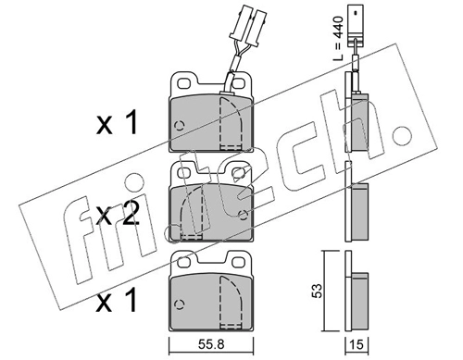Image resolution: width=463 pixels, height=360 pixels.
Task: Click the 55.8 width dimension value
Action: click(x=211, y=344)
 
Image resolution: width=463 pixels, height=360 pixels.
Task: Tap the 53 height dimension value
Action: click(x=317, y=291)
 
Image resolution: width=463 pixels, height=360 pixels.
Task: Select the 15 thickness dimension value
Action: click(x=357, y=344)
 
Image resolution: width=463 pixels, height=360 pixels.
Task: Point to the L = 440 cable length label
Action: click(x=338, y=38)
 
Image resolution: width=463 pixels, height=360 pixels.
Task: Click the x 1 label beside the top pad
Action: click(x=117, y=123)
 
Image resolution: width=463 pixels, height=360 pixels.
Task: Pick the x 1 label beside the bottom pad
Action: click(x=117, y=299)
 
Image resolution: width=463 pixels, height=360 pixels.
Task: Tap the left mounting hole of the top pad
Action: click(x=184, y=83)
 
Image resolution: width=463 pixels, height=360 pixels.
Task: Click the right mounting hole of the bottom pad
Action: click(x=239, y=262)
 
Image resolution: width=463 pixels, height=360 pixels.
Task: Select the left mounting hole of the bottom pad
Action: click(x=184, y=262)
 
